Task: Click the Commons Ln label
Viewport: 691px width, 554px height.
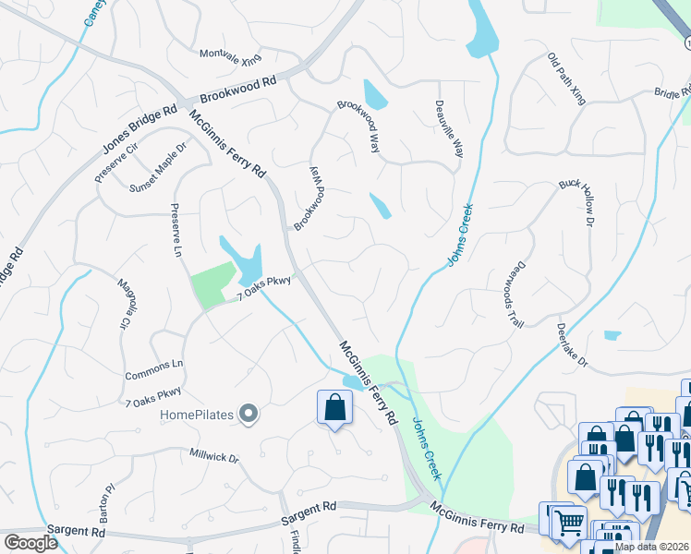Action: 154,365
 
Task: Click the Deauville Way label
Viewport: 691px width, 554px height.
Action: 449,129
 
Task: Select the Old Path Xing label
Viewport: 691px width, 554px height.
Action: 567,78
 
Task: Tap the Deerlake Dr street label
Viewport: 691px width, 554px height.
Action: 573,344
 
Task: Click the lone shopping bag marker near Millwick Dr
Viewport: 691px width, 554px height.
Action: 334,408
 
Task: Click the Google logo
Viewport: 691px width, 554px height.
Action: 31,543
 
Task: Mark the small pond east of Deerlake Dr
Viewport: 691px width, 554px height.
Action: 612,335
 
